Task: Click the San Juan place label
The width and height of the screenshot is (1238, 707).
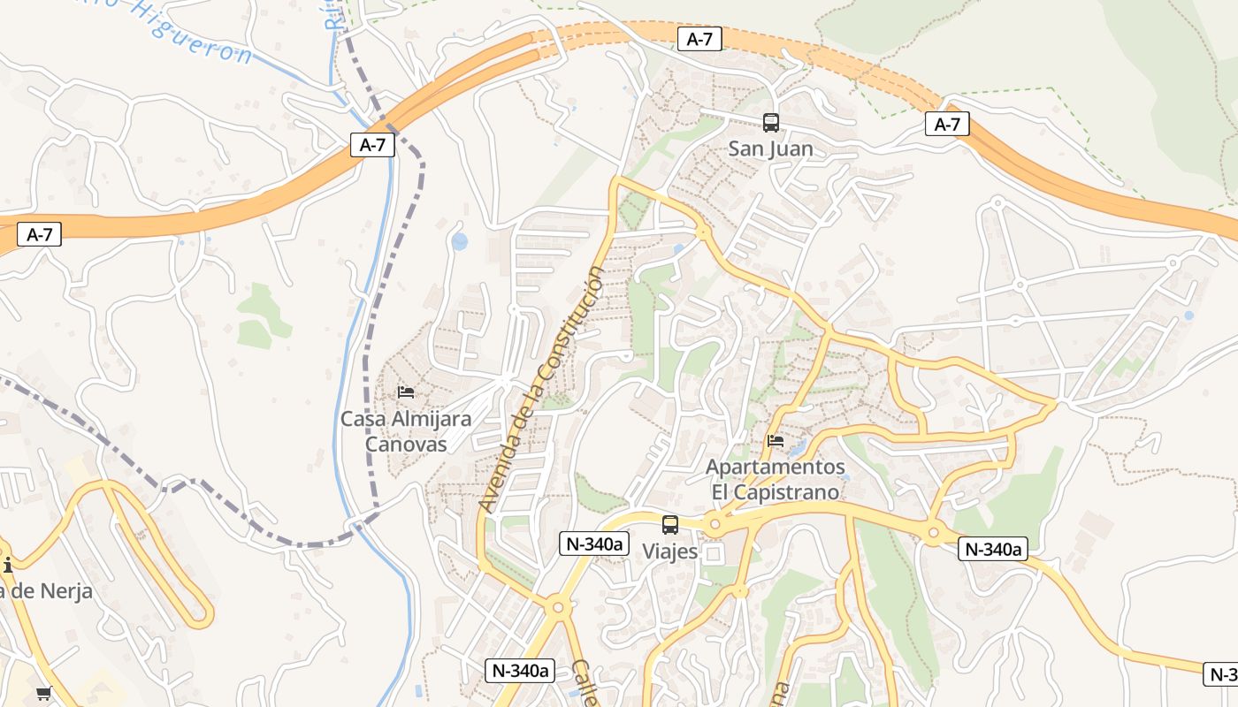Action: click(x=770, y=148)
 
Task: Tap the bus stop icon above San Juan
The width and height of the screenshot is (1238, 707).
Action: click(x=770, y=123)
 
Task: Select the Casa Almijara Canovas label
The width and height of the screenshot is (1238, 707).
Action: click(x=406, y=431)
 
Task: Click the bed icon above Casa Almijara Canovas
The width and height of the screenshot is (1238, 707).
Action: click(x=406, y=392)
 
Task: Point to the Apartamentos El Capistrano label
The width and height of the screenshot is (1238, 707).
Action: click(x=775, y=479)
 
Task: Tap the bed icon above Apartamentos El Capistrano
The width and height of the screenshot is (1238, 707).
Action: click(x=776, y=440)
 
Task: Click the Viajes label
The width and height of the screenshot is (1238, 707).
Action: click(x=669, y=551)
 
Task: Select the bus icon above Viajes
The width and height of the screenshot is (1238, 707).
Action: click(x=670, y=525)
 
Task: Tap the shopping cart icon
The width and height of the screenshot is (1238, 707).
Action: click(x=43, y=694)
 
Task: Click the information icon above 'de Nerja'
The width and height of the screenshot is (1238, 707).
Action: click(x=7, y=565)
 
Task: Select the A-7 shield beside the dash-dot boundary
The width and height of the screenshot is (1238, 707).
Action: click(x=372, y=145)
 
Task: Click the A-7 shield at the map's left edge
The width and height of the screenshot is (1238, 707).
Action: click(x=39, y=234)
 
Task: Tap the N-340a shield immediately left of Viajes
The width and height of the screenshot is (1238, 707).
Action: click(x=593, y=544)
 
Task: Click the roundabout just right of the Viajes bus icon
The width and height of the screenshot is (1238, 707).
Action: click(x=715, y=525)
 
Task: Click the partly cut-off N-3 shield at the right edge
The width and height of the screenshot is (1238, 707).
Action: click(x=1221, y=674)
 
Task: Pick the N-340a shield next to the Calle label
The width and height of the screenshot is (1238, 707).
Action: click(x=520, y=671)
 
